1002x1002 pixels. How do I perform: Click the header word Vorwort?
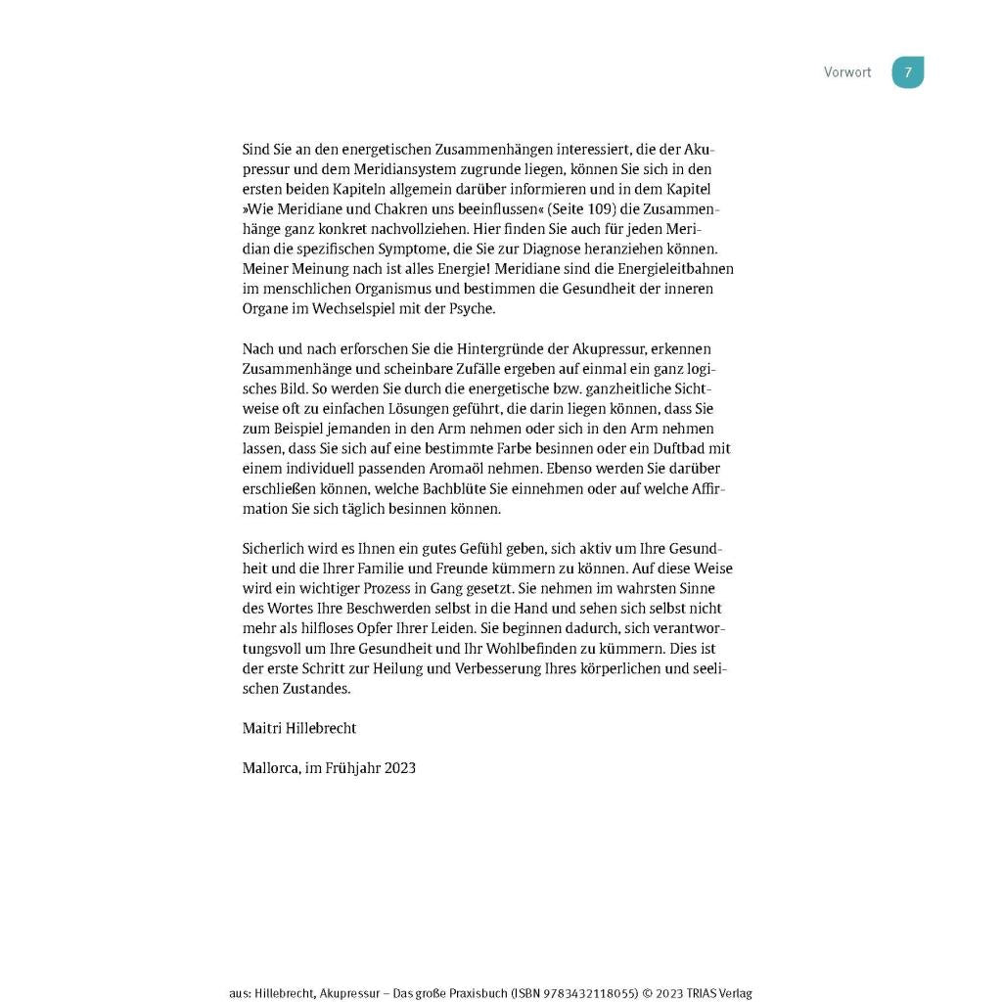(846, 72)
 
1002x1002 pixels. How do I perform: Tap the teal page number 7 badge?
(907, 72)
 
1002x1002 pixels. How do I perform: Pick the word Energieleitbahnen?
(673, 269)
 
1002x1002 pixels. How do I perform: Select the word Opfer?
(360, 629)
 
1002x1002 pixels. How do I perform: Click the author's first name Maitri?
(262, 729)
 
